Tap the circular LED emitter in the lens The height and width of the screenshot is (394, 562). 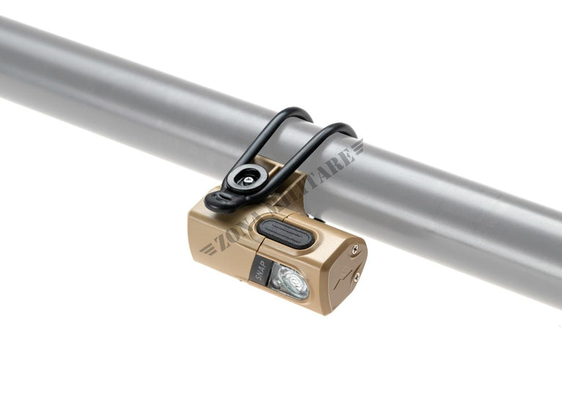(x=294, y=281)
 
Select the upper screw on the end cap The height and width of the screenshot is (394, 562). (x=355, y=250)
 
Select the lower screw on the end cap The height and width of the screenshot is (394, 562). (x=356, y=277)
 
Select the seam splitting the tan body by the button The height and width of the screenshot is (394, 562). (x=256, y=238)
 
